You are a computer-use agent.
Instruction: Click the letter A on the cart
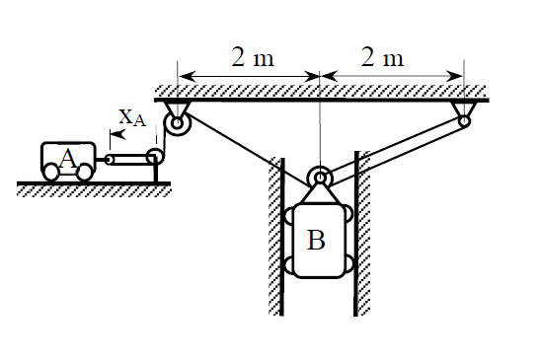(67, 157)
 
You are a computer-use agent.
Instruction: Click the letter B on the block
(316, 240)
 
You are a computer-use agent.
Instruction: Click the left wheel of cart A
(51, 172)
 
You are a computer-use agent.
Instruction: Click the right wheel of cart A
(85, 172)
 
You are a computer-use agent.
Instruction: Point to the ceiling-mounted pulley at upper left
(178, 124)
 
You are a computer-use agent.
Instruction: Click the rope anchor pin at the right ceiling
(463, 121)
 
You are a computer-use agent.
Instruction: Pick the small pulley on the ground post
(154, 157)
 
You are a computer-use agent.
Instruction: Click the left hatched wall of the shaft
(276, 237)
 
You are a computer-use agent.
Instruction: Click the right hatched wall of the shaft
(362, 237)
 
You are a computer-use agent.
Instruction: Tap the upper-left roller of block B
(291, 216)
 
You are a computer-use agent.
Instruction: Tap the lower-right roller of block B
(346, 264)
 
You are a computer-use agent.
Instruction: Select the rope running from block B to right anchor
(395, 152)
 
